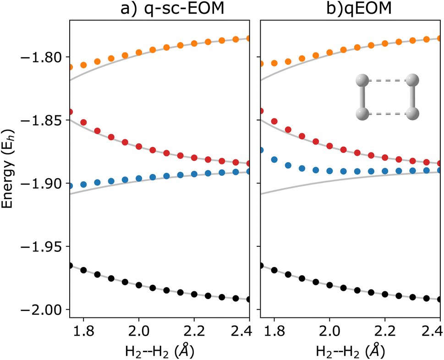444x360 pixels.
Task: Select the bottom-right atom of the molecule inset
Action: pos(413,114)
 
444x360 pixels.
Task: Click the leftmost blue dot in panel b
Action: pos(261,150)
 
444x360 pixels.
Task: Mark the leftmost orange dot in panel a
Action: pos(70,67)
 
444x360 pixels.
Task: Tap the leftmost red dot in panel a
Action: pos(70,112)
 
